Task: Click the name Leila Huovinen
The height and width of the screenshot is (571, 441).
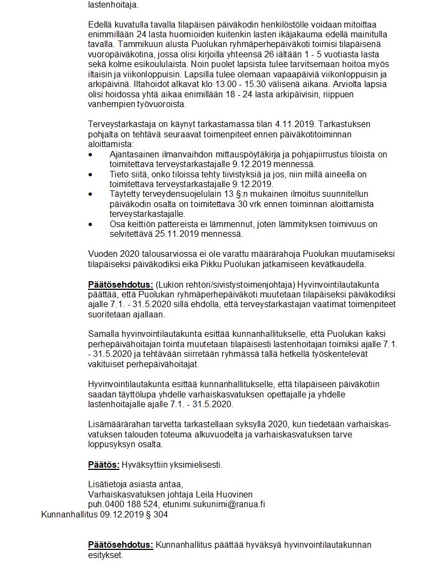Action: pos(227,494)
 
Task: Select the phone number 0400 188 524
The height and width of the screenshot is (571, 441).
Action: pos(123,504)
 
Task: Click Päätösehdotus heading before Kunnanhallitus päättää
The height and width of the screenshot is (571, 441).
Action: pos(121,545)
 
